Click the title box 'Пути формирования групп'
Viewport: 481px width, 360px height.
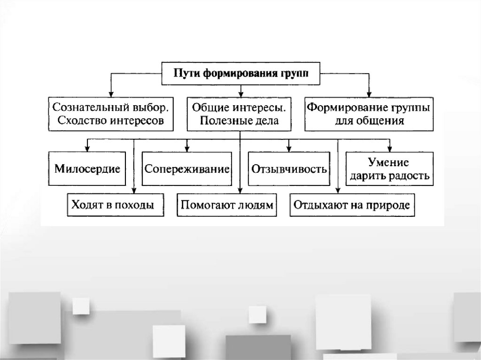tap(240, 73)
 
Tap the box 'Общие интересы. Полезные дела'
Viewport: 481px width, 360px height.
tap(239, 114)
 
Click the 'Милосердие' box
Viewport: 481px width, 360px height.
tap(87, 169)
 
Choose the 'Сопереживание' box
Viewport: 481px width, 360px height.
tap(187, 169)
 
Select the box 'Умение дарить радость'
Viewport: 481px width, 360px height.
tap(388, 169)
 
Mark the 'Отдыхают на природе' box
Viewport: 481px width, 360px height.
tap(352, 205)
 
